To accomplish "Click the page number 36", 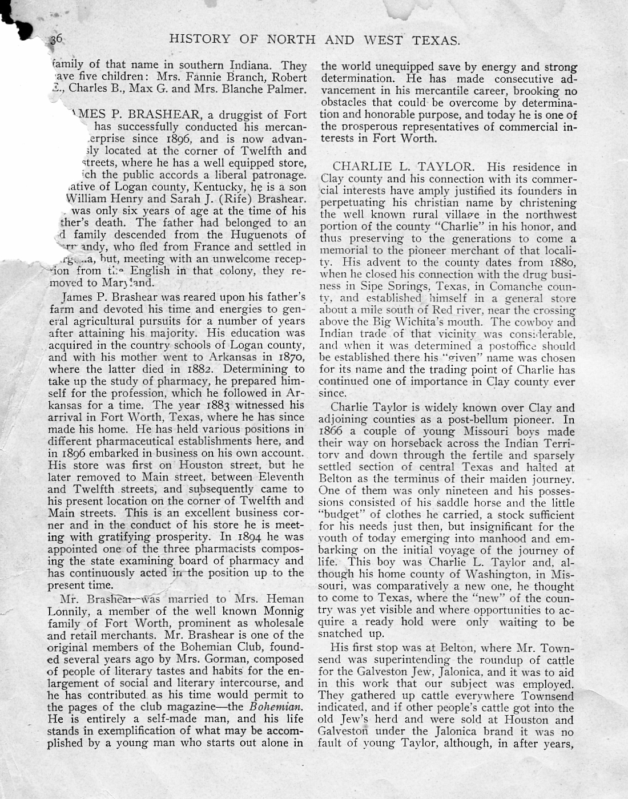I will pyautogui.click(x=55, y=39).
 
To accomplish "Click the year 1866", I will pyautogui.click(x=333, y=431).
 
